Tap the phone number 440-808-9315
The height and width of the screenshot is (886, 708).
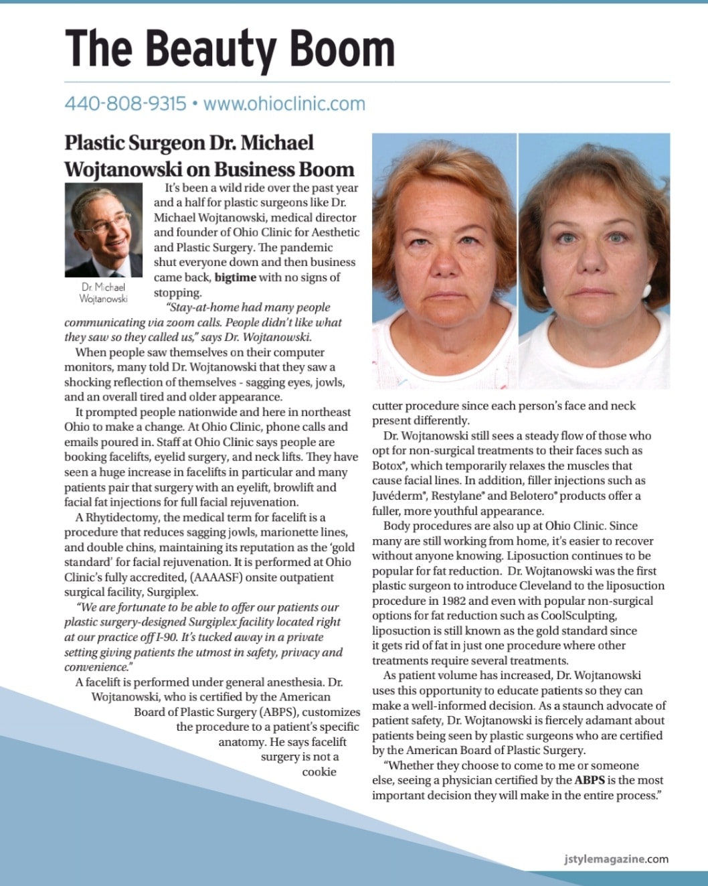pos(125,104)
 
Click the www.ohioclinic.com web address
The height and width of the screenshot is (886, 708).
pos(284,104)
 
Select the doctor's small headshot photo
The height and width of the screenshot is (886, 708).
pos(104,230)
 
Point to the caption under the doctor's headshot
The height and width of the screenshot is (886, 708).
pos(104,293)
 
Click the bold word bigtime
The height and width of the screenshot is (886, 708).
pos(236,277)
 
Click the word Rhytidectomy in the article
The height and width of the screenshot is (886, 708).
pos(122,517)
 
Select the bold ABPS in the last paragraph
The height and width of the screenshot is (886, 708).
pos(590,780)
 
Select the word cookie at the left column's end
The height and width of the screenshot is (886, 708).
pos(319,771)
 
